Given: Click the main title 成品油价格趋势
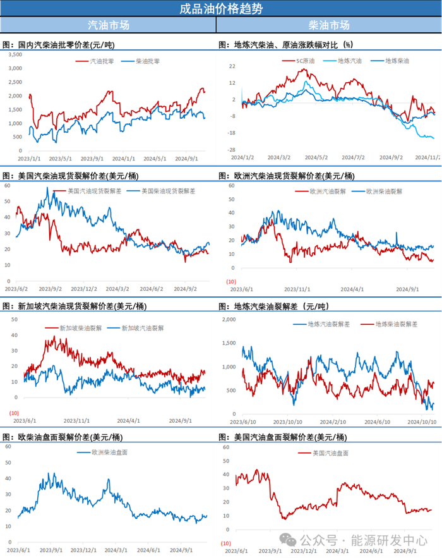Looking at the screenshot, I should [221, 8].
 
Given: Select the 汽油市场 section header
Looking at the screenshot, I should [108, 25].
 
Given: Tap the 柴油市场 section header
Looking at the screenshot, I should [328, 25].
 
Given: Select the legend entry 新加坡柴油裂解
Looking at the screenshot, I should [78, 328].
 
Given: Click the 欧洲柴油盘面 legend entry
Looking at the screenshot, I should [109, 452].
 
